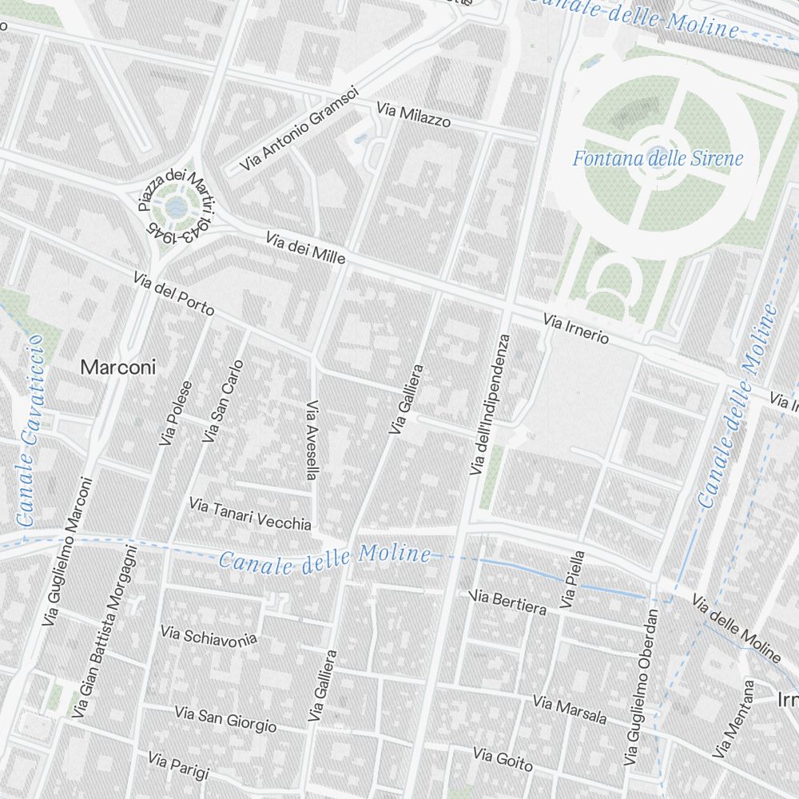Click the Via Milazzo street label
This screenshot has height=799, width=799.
coord(414,116)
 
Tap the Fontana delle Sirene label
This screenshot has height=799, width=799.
coord(658,158)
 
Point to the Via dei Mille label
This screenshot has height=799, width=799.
coord(305,248)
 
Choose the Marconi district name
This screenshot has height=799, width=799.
coord(119,368)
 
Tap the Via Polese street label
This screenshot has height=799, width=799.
coord(176,413)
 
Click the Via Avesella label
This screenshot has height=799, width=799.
coord(312,439)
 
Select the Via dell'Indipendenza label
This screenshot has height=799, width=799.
coord(490,405)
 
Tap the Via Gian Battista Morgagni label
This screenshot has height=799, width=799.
coord(105,630)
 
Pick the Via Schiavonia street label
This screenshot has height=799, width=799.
coord(209,635)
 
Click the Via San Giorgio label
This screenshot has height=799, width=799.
coord(225,718)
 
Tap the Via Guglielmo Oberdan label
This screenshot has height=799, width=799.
coord(642,686)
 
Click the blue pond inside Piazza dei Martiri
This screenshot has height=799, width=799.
coord(177,209)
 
